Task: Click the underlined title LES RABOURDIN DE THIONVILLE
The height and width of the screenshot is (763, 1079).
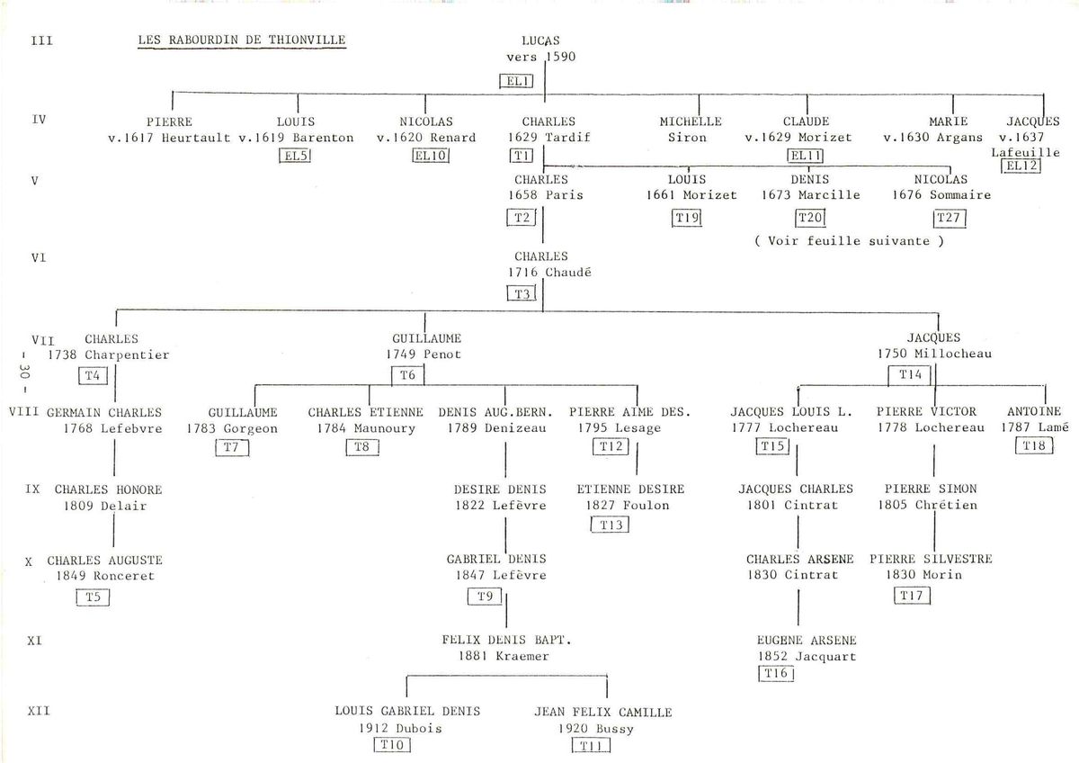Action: coord(242,40)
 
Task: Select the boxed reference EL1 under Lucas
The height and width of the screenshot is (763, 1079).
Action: coord(516,81)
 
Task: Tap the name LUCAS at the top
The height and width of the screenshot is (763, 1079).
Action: coord(540,41)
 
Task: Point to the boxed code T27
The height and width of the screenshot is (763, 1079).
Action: coord(950,218)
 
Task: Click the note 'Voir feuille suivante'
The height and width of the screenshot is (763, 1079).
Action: coord(849,241)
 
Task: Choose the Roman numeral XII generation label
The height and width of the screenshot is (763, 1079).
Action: coord(39,711)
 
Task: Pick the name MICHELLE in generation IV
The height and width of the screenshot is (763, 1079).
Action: coord(691,121)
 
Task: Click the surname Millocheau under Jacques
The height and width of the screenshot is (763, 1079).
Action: coord(953,354)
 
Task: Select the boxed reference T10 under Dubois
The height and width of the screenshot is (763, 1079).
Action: coord(393,745)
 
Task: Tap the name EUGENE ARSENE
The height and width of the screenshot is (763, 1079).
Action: coord(807,640)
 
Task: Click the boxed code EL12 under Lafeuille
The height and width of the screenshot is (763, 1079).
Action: coord(1021,166)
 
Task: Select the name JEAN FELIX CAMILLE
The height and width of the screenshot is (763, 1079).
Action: coord(603,712)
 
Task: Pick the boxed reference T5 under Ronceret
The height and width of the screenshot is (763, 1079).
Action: coord(93,597)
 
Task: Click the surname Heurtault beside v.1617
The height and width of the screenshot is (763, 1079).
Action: coord(196,138)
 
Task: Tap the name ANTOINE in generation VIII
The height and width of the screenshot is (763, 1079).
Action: coord(1034,411)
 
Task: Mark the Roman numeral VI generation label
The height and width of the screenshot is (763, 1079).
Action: coord(39,258)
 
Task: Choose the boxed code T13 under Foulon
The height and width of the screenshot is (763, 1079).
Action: coord(611,525)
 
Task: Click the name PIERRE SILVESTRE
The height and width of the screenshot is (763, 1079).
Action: coord(931,559)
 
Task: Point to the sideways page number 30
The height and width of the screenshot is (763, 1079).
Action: coord(24,372)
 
